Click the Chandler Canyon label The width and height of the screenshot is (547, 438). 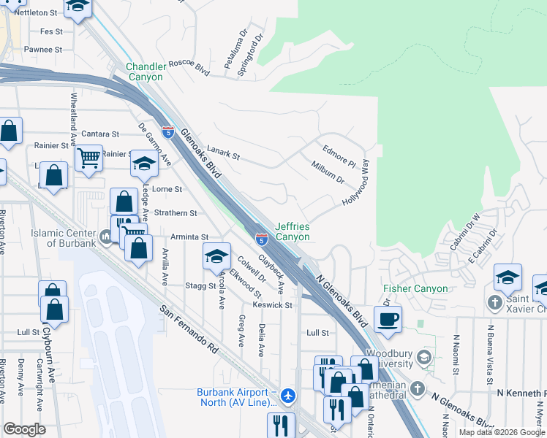pos(146,72)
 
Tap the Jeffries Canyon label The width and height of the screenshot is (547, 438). pos(293,231)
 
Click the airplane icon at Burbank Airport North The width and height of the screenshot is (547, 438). pos(289,396)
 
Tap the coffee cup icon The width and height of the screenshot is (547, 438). pos(387,318)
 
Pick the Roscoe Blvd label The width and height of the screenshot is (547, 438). pos(189,64)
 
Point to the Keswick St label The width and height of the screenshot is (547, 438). pos(272,304)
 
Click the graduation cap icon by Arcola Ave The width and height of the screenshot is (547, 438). pos(216,256)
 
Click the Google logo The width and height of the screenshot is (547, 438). pos(24,429)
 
